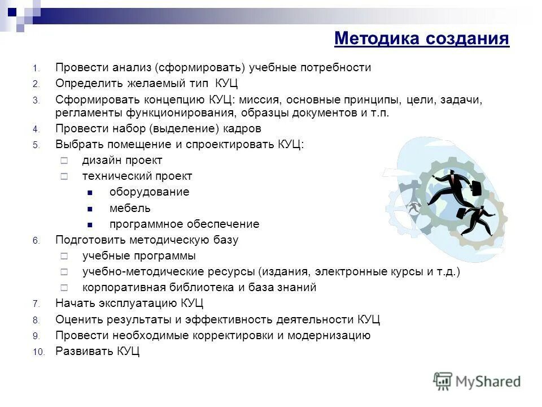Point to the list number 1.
pos(34,68)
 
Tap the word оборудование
pos(149,192)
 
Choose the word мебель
pos(130,208)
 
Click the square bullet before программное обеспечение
pos(90,224)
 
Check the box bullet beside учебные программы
pos(64,256)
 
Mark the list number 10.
pos(37,352)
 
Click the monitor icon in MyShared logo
pos(443,380)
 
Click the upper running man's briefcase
pos(476,188)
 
